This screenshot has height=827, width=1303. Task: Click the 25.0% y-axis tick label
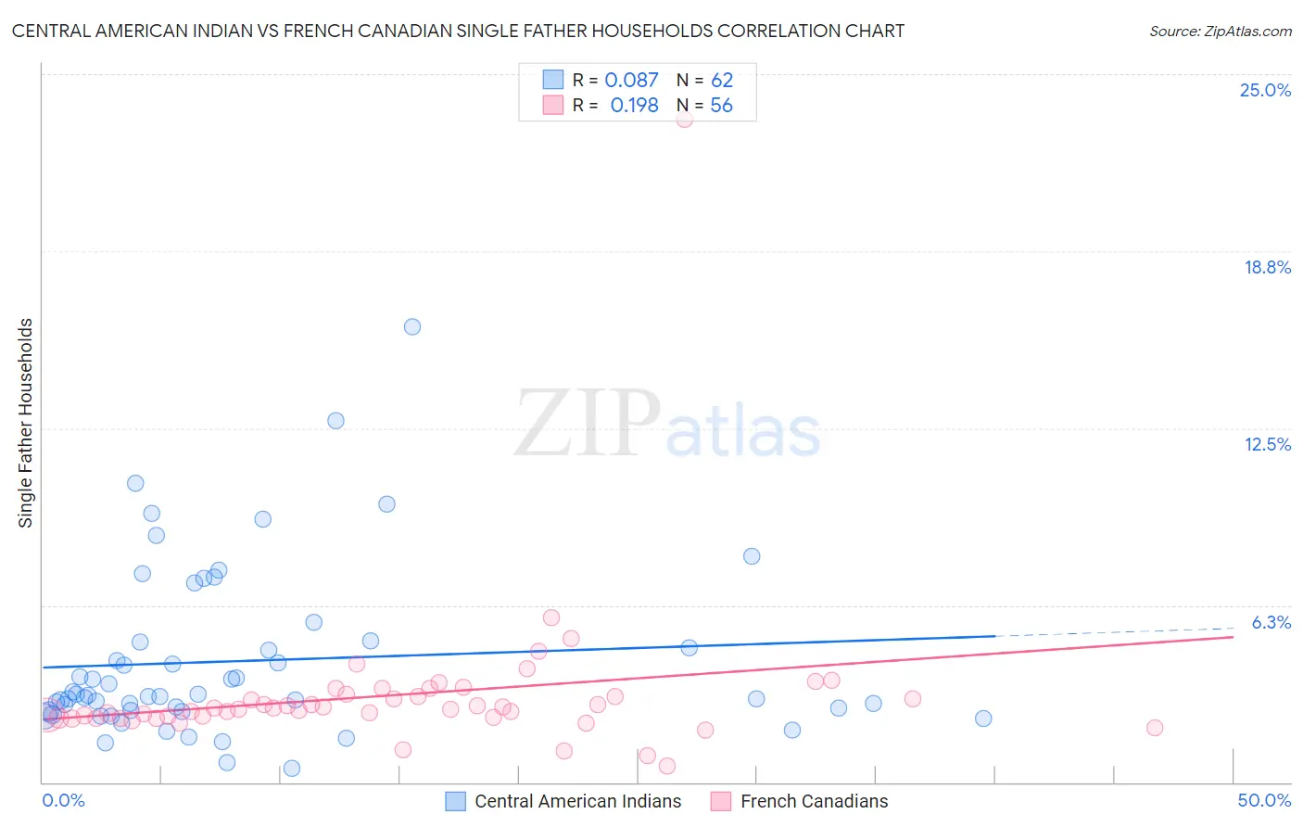pyautogui.click(x=1265, y=90)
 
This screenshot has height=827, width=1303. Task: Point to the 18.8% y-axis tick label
pyautogui.click(x=1267, y=267)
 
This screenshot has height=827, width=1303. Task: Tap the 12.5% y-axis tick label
pyautogui.click(x=1267, y=444)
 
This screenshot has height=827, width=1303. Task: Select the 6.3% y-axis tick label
pyautogui.click(x=1271, y=622)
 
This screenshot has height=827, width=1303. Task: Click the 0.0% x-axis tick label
pyautogui.click(x=63, y=800)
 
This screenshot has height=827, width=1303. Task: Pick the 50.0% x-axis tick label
pyautogui.click(x=1264, y=800)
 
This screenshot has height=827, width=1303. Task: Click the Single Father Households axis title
pyautogui.click(x=26, y=423)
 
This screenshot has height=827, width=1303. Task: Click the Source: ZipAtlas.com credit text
pyautogui.click(x=1220, y=31)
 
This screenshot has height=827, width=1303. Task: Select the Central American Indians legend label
pyautogui.click(x=577, y=801)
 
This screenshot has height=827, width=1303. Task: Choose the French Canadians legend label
pyautogui.click(x=814, y=801)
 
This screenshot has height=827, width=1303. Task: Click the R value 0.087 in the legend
pyautogui.click(x=631, y=81)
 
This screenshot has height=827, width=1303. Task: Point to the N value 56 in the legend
pyautogui.click(x=721, y=106)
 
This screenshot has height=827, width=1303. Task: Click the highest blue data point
pyautogui.click(x=412, y=326)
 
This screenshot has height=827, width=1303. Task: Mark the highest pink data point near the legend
pyautogui.click(x=684, y=119)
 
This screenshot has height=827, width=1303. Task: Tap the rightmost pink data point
pyautogui.click(x=1155, y=728)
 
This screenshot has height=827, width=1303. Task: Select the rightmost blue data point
pyautogui.click(x=983, y=719)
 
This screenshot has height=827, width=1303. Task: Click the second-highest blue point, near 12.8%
pyautogui.click(x=336, y=421)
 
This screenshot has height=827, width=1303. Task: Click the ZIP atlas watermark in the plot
pyautogui.click(x=667, y=425)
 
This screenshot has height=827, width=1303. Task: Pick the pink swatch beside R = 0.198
pyautogui.click(x=553, y=105)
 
